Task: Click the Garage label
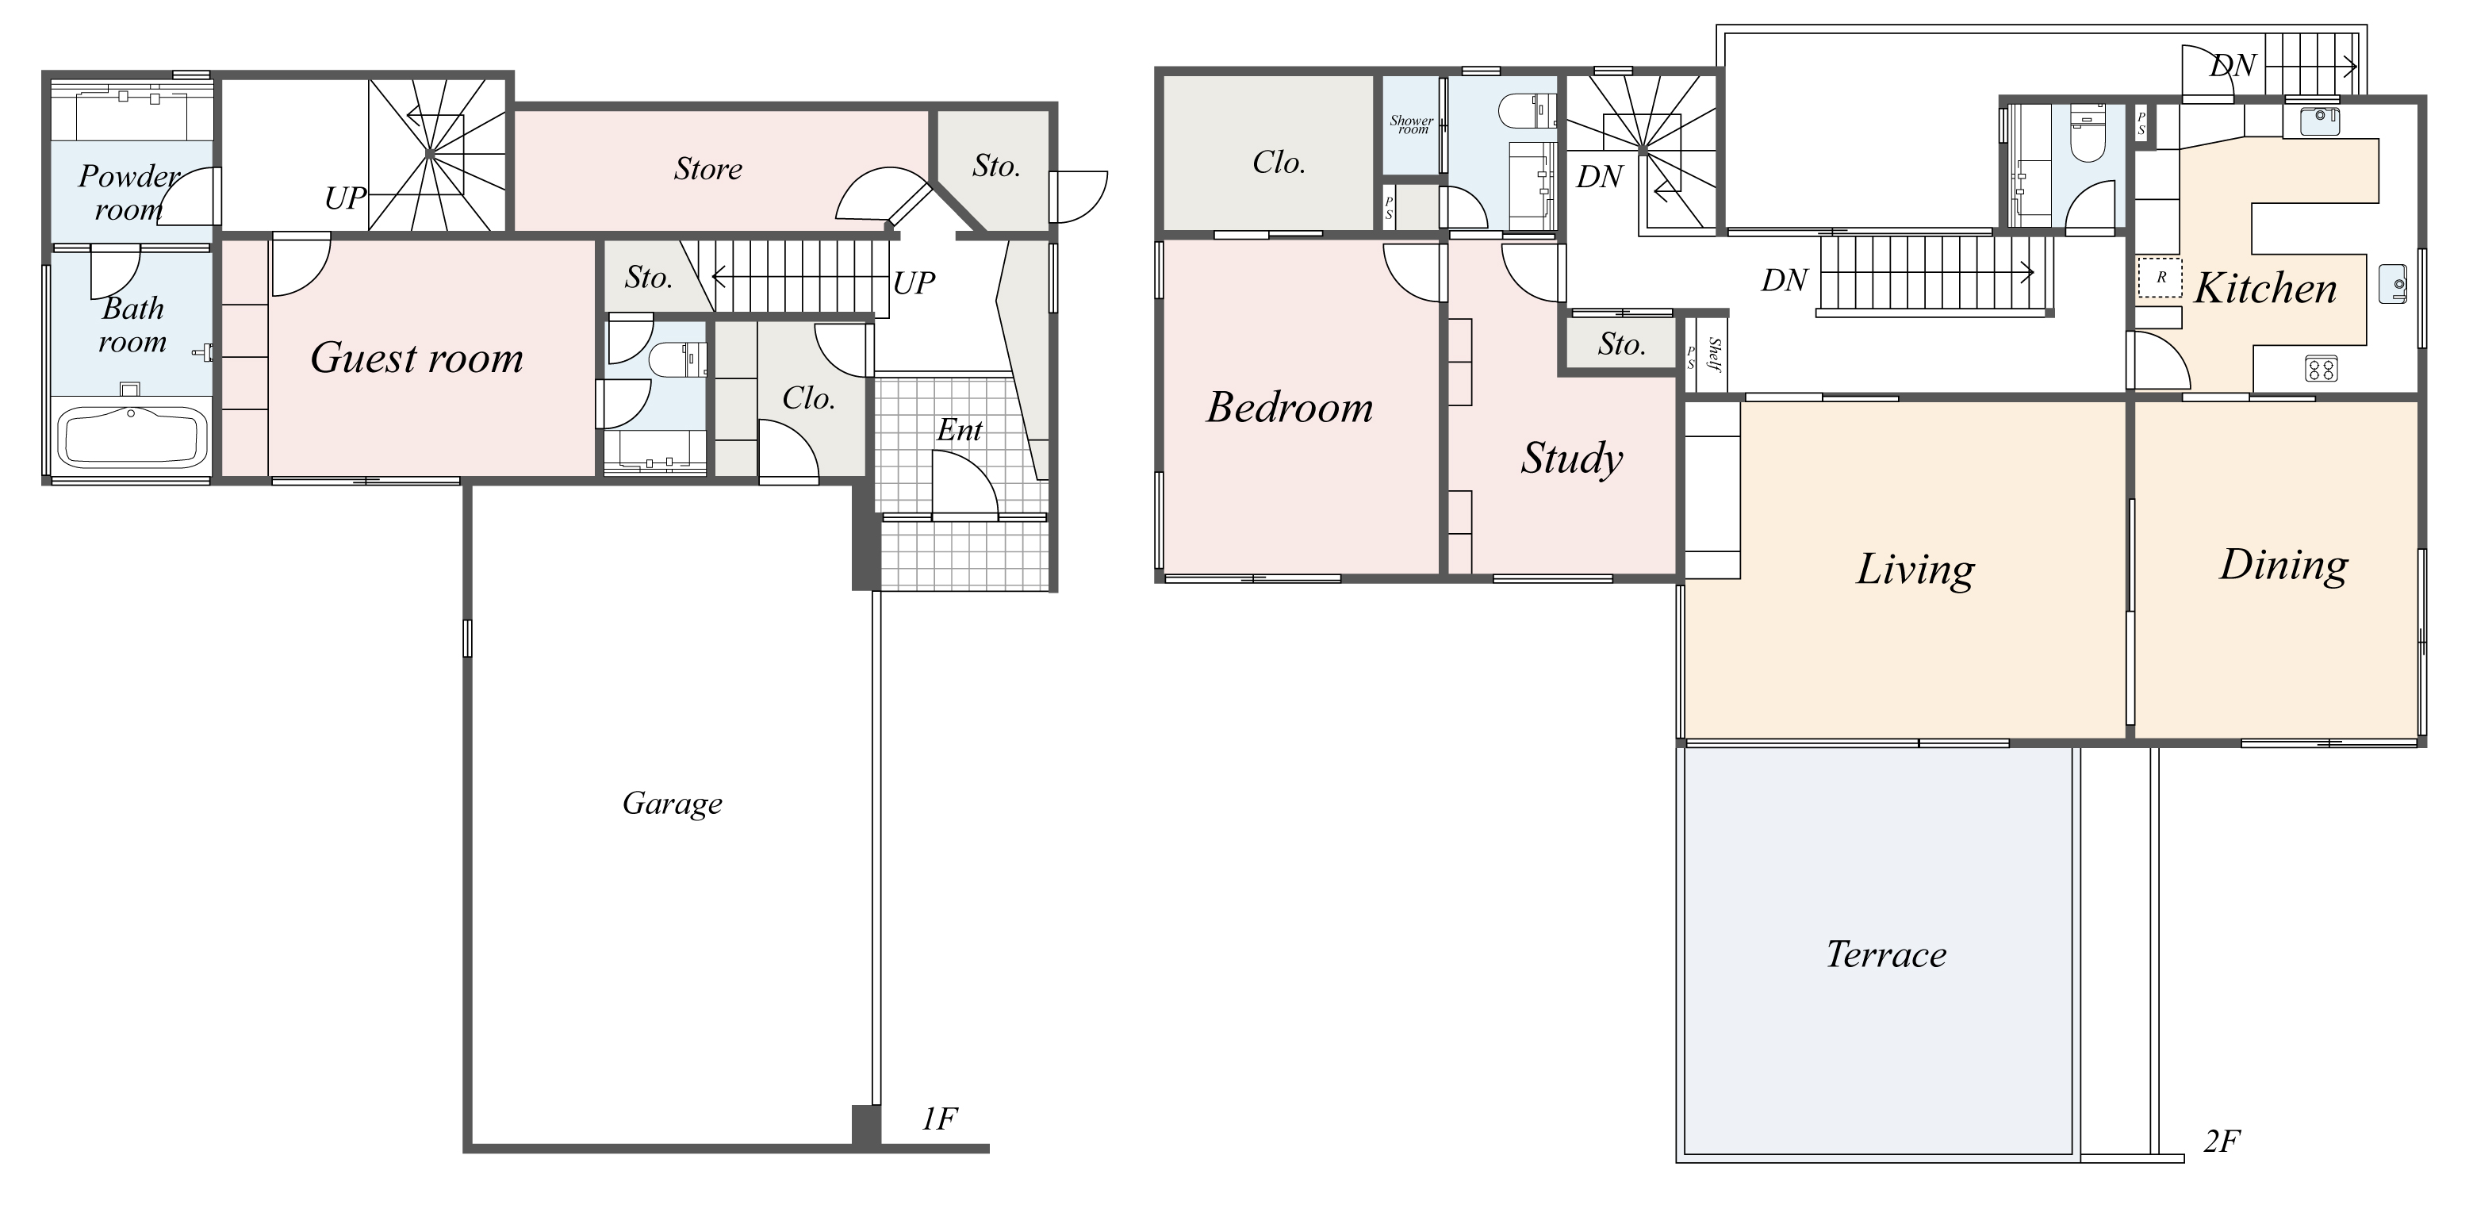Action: click(x=672, y=804)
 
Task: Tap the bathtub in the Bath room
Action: click(x=133, y=438)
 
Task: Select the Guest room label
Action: click(x=416, y=359)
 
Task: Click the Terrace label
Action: click(x=1885, y=954)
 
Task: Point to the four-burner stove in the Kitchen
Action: click(x=2322, y=369)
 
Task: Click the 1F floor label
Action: click(x=939, y=1119)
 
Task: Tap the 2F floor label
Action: click(x=2222, y=1141)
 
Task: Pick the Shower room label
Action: click(x=1411, y=125)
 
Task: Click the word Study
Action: click(x=1571, y=459)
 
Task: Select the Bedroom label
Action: click(x=1290, y=407)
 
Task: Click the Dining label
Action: click(x=2284, y=566)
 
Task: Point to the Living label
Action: click(x=1915, y=570)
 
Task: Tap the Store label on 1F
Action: click(x=707, y=169)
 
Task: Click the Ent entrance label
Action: click(x=959, y=430)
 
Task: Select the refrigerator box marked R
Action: click(x=2161, y=278)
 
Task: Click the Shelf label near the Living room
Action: click(x=1715, y=355)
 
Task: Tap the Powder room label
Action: click(x=129, y=193)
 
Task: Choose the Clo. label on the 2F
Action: click(x=1279, y=163)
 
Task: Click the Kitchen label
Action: click(x=2266, y=288)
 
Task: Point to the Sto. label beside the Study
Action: click(x=1621, y=344)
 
